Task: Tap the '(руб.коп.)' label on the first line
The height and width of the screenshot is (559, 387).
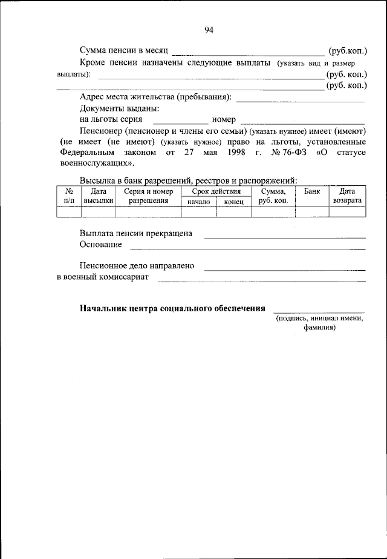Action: [x=347, y=51]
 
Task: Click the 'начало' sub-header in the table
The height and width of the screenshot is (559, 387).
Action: [x=198, y=202]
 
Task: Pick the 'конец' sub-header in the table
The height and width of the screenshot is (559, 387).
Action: [x=233, y=202]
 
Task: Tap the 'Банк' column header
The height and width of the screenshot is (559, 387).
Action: [x=312, y=191]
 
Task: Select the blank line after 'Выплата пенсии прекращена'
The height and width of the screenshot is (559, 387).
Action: [x=284, y=237]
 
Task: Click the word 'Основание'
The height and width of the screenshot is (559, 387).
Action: [x=100, y=245]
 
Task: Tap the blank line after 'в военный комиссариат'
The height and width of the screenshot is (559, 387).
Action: [x=261, y=281]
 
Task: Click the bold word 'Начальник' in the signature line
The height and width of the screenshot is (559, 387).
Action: [x=101, y=308]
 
